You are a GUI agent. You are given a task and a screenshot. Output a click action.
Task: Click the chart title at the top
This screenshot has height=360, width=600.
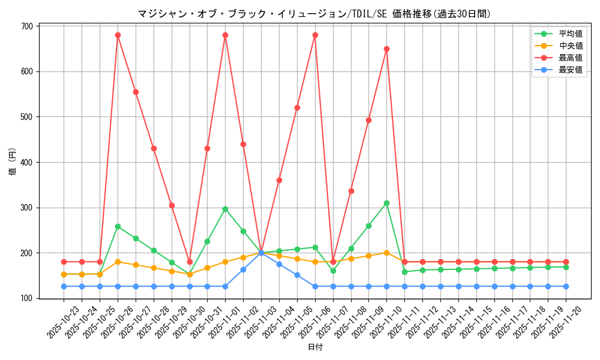314,14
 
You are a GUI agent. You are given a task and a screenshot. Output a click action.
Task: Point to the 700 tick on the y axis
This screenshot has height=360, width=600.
27,26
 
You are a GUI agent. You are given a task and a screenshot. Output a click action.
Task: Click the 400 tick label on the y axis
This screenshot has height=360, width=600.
27,162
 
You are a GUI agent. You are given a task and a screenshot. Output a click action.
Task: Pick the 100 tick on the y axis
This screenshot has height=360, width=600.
27,298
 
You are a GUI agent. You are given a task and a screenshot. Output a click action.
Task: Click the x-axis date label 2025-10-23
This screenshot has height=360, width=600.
64,322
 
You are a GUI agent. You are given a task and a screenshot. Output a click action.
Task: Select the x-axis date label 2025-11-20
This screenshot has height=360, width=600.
566,322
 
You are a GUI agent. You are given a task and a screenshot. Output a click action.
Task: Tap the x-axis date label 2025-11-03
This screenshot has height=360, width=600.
262,322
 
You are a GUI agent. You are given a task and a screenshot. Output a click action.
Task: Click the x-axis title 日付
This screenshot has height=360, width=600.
314,347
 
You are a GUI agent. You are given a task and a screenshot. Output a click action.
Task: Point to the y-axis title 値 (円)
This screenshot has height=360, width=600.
13,162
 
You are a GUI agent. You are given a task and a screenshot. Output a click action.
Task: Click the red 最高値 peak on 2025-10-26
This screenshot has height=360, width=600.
118,35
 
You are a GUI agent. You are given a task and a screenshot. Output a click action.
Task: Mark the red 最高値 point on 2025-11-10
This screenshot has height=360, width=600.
386,49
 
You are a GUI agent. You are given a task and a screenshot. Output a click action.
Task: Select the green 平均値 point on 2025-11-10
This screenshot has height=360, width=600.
386,203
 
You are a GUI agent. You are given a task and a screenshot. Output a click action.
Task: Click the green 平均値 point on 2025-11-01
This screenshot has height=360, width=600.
225,209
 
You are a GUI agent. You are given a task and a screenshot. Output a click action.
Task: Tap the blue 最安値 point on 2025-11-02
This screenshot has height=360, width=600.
243,269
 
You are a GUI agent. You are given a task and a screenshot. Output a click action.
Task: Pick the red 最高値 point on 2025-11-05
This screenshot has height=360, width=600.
297,107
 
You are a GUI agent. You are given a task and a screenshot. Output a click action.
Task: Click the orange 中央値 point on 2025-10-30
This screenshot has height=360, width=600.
190,274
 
